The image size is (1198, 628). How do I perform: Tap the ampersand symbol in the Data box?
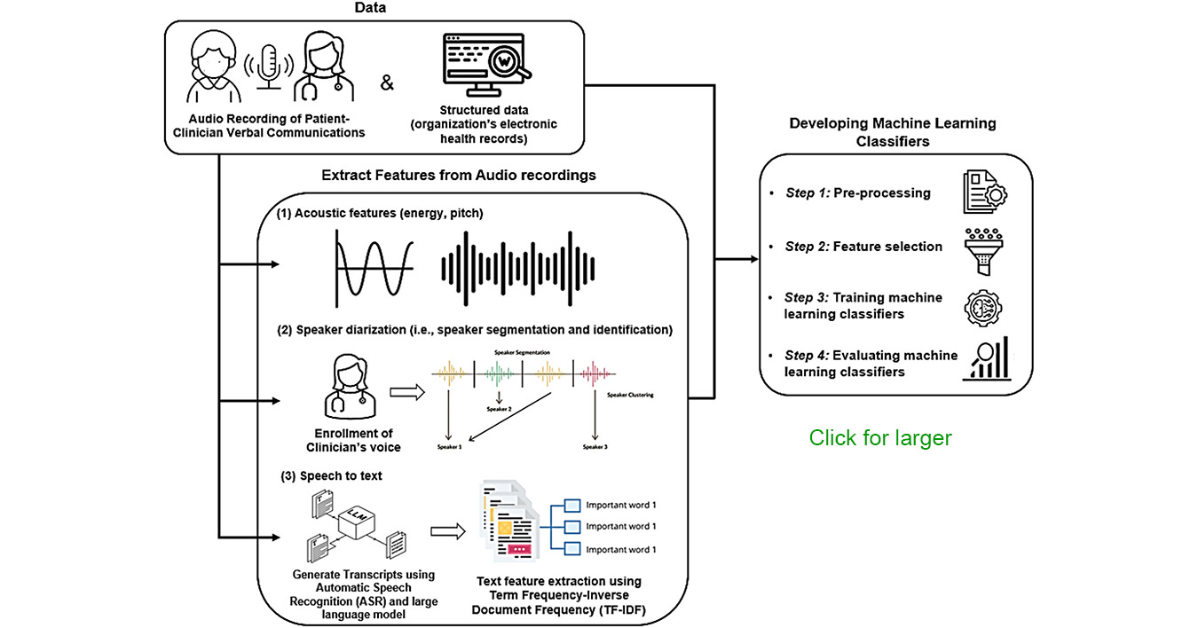[x=387, y=83]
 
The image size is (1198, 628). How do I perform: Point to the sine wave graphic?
[x=373, y=266]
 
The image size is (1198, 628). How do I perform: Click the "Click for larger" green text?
[x=879, y=438]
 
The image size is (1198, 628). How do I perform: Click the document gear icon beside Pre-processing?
[x=986, y=193]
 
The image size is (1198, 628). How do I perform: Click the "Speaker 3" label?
[x=595, y=447]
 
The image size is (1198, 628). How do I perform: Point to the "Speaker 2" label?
[x=499, y=409]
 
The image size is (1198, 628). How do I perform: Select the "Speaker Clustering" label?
[x=630, y=395]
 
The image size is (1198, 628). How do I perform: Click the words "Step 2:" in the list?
[x=807, y=247]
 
